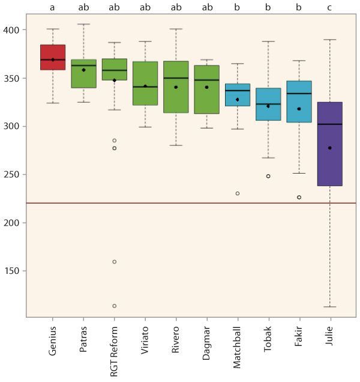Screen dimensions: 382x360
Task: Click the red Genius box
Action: [x=53, y=57]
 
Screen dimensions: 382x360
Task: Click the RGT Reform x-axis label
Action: [x=115, y=351]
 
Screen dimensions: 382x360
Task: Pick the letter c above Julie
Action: [x=329, y=8]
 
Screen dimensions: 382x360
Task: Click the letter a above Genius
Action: [x=53, y=8]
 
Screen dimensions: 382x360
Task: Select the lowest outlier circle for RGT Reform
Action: [x=114, y=306]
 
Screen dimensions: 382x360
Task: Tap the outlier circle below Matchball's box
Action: [x=238, y=193]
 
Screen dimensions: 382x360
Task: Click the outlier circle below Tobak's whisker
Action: [x=268, y=176]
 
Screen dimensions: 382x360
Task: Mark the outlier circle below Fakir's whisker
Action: [x=299, y=197]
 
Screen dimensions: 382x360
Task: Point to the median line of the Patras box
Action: [x=83, y=65]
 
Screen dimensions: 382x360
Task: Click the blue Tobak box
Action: [x=268, y=105]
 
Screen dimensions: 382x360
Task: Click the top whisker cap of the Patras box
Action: [x=83, y=24]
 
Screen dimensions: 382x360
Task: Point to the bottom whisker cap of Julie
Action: [x=329, y=306]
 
